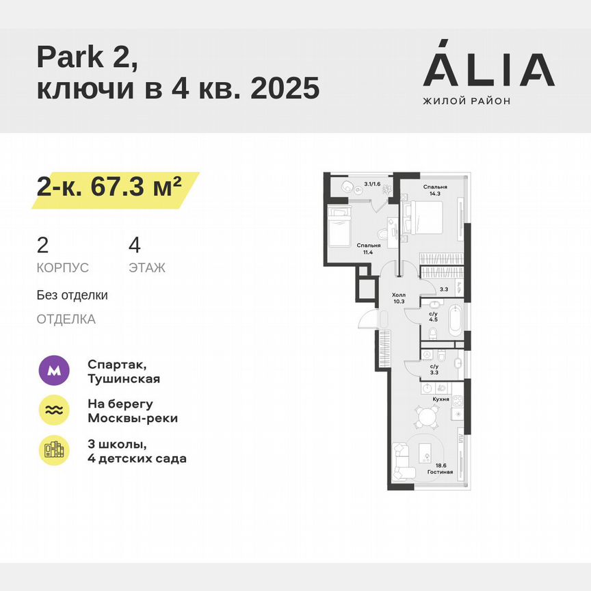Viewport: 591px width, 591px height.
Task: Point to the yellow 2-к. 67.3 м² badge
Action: coord(114,187)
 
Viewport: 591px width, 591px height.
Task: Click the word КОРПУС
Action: coord(62,268)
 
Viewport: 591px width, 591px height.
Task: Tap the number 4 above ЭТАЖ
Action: coord(134,245)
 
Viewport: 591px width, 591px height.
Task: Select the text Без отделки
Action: coord(72,295)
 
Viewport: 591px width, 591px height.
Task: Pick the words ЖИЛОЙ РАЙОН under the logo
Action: coord(467,101)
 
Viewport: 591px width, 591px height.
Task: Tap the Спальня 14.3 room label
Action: coord(435,189)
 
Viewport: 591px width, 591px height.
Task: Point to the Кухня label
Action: coord(441,398)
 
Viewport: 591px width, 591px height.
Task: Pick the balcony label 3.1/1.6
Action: coord(372,183)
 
